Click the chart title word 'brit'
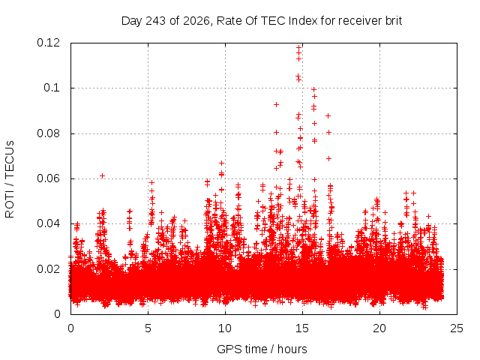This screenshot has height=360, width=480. [394, 21]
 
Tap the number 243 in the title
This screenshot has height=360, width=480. [156, 21]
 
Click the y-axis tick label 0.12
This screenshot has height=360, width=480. [48, 43]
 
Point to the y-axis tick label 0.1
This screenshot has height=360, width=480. [52, 88]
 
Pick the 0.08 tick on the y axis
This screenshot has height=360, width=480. [48, 133]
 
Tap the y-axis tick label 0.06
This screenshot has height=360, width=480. [48, 178]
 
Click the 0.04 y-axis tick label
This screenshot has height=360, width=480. [48, 223]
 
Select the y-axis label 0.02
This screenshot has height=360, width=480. [48, 269]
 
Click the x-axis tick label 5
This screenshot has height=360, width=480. [148, 328]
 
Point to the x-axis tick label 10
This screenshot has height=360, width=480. [225, 328]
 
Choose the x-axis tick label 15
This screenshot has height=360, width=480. [302, 328]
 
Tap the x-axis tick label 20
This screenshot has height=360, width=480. [379, 328]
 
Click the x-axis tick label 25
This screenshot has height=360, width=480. [457, 328]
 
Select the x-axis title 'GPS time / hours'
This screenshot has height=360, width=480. [262, 349]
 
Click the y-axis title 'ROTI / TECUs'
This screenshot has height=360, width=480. [10, 179]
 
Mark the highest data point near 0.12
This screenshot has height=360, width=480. [299, 47]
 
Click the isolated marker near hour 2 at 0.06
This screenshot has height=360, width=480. [103, 175]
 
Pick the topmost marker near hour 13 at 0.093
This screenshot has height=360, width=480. [276, 105]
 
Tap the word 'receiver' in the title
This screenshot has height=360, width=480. [360, 21]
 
